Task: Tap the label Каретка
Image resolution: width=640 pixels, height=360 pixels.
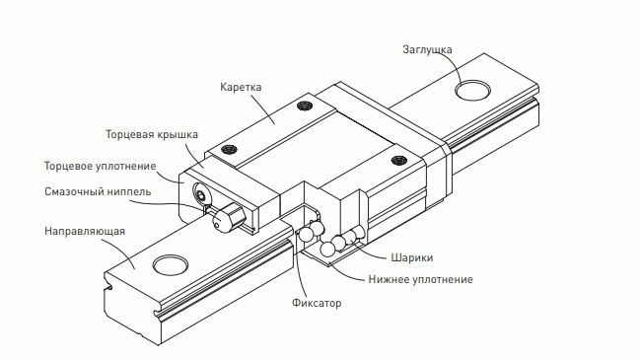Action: pyautogui.click(x=242, y=87)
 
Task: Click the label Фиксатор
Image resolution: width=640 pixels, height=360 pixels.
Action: pyautogui.click(x=318, y=304)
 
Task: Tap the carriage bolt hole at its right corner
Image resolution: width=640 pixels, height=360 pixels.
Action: pyautogui.click(x=399, y=159)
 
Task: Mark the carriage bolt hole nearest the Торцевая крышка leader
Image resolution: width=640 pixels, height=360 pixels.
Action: pyautogui.click(x=230, y=149)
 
